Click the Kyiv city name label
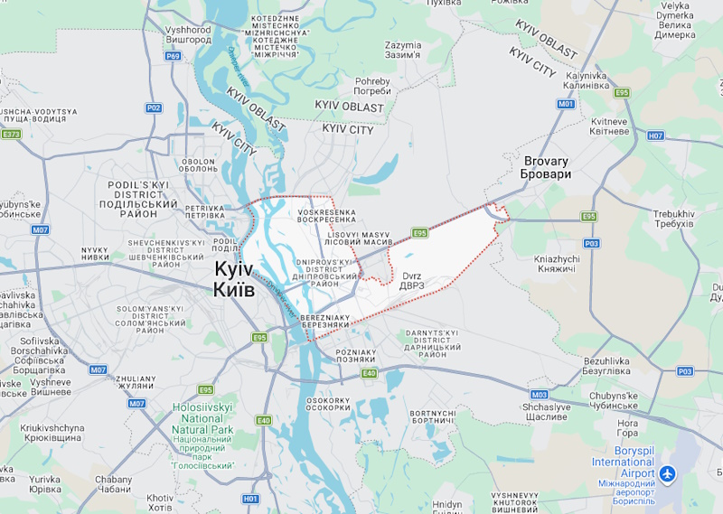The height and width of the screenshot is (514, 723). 234,279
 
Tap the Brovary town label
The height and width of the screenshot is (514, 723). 547,167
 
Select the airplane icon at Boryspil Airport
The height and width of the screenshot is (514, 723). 668,473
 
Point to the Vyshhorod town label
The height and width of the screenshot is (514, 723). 188,35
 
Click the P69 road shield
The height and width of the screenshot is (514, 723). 174,56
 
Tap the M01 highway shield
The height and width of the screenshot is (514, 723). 566,104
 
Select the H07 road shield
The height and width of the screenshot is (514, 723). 655,136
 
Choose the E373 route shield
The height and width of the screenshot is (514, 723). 11,135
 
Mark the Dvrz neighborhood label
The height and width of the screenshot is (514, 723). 412,280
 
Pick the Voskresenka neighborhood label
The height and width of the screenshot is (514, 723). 326,217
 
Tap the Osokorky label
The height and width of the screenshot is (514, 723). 328,405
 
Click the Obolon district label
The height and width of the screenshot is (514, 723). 198,165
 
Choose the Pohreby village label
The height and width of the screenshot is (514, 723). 372,86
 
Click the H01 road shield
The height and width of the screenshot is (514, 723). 250,499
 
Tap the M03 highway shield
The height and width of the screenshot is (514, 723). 540,395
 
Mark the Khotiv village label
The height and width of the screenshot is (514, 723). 160,501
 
